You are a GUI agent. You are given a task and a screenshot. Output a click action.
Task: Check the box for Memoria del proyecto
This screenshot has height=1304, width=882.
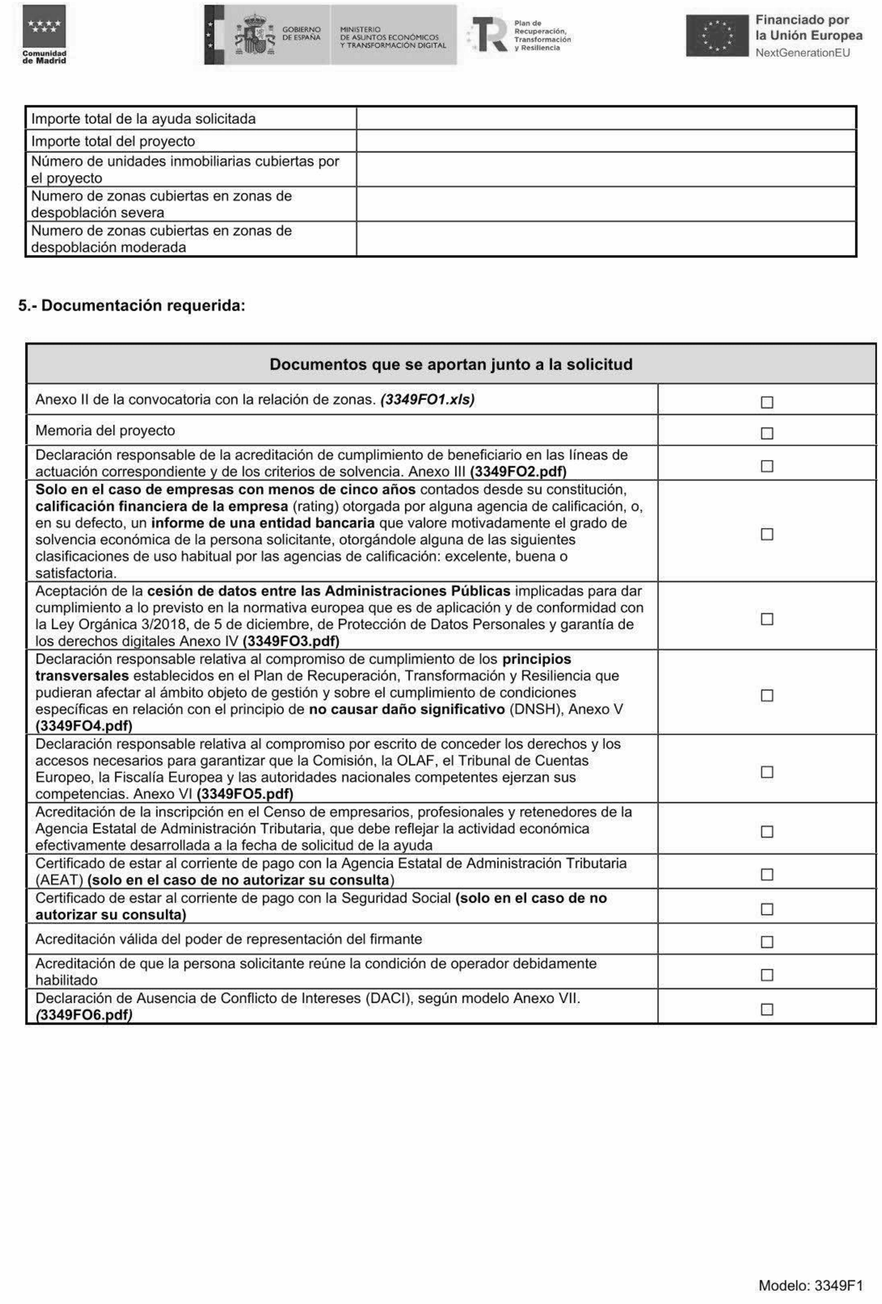[x=766, y=433]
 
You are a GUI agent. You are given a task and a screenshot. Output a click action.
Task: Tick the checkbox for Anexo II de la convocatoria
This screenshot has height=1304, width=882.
[x=766, y=402]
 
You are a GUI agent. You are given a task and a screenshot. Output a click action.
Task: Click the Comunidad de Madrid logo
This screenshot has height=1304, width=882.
[x=44, y=34]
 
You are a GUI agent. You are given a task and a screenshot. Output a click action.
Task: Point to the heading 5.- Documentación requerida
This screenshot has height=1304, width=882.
[x=132, y=306]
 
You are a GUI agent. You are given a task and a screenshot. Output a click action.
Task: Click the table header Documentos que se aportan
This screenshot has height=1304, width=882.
[x=450, y=364]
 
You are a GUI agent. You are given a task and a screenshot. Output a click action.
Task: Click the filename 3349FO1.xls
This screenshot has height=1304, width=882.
[x=427, y=399]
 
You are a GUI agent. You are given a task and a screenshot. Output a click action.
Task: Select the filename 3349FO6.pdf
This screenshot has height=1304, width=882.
[x=83, y=1015]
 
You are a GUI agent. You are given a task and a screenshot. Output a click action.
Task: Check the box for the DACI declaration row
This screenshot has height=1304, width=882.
[x=766, y=1009]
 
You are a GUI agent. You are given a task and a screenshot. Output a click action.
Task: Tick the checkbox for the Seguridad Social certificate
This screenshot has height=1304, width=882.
[x=766, y=909]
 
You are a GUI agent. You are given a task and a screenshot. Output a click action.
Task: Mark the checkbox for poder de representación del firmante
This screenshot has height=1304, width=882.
[x=766, y=942]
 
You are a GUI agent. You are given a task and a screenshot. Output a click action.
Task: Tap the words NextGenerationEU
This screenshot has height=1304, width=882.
[x=802, y=53]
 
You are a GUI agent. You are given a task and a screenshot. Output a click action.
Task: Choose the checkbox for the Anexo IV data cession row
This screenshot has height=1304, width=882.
[x=766, y=619]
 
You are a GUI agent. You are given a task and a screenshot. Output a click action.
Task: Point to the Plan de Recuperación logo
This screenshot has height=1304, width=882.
[x=517, y=35]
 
